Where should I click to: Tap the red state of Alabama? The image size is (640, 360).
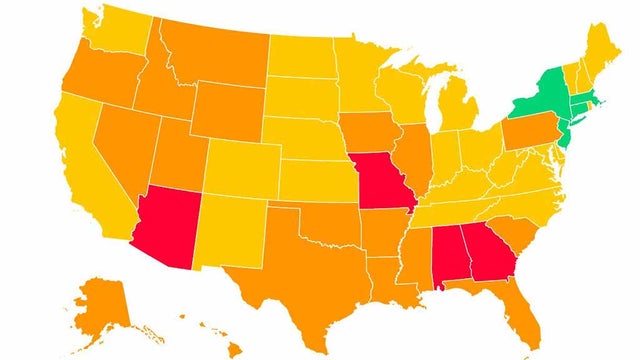446,255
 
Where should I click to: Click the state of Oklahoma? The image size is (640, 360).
320,225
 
